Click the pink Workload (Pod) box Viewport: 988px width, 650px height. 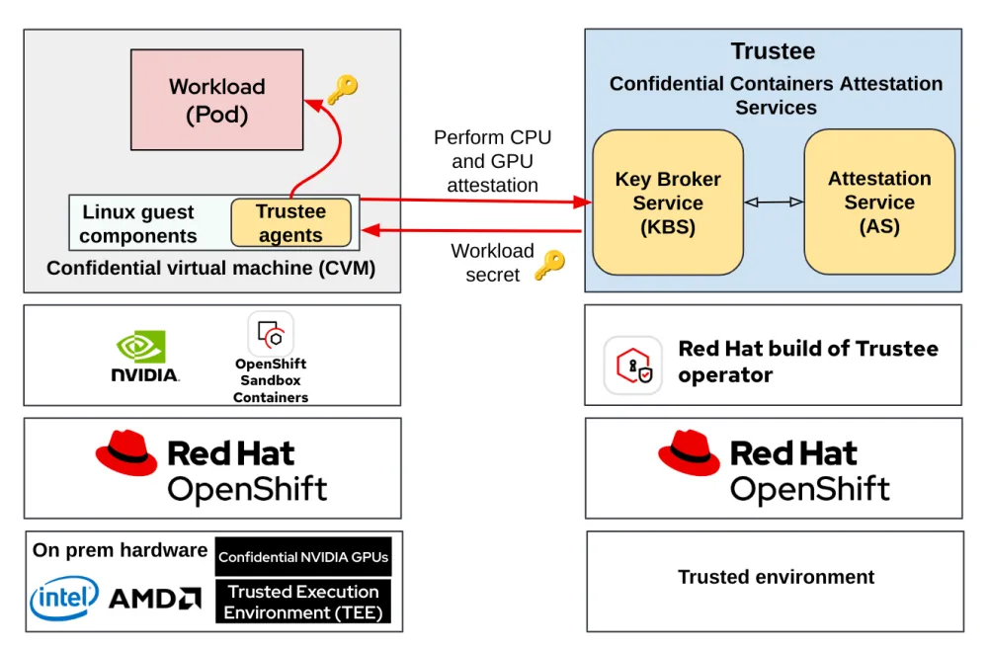point(216,100)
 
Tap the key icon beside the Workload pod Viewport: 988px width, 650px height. point(342,90)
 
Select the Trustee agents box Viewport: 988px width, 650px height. point(290,223)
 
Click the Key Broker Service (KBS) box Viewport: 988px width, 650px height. point(667,203)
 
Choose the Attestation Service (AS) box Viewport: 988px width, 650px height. point(878,202)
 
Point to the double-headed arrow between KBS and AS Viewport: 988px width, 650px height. point(774,203)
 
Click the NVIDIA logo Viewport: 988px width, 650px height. point(144,357)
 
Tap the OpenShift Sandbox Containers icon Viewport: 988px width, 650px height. point(270,333)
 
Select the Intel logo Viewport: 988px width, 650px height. point(64,598)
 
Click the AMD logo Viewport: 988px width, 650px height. point(154,599)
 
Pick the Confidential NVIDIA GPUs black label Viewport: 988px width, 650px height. point(303,557)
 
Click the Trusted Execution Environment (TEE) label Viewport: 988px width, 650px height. point(303,602)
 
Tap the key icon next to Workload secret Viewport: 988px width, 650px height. point(549,265)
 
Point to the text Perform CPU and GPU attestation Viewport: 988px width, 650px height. point(492,161)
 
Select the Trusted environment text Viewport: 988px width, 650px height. point(776,577)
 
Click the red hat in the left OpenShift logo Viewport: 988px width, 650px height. point(125,455)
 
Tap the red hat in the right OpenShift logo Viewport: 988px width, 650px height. point(689,454)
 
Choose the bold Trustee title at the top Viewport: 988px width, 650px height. point(773,51)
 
